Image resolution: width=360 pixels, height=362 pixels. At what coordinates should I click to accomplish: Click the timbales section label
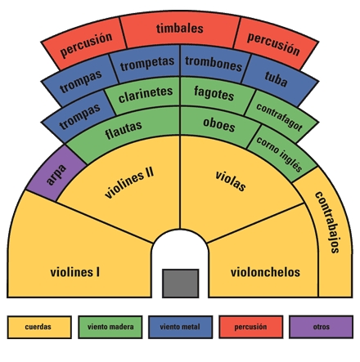pos(180,29)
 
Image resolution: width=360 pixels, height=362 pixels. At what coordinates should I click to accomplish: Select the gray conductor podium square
pos(181,284)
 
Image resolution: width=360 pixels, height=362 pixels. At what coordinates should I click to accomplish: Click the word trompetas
pos(147,64)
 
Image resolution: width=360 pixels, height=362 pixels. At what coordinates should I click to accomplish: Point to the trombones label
pos(214,64)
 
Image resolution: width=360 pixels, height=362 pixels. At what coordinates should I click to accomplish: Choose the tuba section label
pos(276,79)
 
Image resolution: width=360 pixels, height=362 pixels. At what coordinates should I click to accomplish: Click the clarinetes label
pos(146,94)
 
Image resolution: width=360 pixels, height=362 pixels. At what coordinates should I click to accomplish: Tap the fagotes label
pos(214,93)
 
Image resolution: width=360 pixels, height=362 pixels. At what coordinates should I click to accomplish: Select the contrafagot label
pos(279,117)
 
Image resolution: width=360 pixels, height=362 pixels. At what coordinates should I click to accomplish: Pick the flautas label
pos(124,130)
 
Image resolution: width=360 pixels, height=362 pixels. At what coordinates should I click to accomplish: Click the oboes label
pos(219,125)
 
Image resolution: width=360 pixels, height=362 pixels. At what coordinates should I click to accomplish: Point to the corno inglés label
pos(279,154)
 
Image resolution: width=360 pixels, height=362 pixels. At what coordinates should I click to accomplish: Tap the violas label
pos(231,181)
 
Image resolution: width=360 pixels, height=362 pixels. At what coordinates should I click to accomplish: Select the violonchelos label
pos(265,272)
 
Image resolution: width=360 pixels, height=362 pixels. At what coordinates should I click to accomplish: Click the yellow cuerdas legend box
pos(39,327)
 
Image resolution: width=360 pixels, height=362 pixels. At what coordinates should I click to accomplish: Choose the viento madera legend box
pos(110,327)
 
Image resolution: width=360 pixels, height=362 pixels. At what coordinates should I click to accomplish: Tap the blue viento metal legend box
pos(181,327)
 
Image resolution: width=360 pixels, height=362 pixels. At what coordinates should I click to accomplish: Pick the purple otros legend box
pos(322,327)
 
